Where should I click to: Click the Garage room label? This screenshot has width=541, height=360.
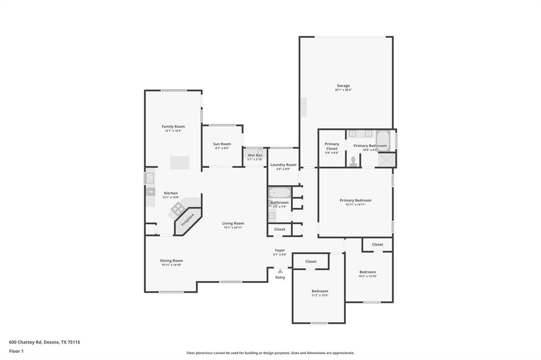click(343, 86)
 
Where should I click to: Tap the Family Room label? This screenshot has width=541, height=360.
click(173, 126)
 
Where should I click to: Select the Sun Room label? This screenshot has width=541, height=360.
click(222, 144)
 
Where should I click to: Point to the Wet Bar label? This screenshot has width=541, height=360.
click(255, 155)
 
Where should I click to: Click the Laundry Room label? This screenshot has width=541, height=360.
click(283, 165)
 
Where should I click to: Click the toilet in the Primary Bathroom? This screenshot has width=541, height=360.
click(353, 160)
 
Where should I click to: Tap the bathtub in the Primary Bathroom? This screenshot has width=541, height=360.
click(383, 140)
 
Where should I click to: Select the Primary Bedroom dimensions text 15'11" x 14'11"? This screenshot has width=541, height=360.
click(355, 205)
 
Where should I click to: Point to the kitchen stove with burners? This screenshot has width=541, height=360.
click(176, 210)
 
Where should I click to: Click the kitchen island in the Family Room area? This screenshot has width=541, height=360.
click(180, 163)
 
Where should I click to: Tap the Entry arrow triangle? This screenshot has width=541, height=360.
click(280, 271)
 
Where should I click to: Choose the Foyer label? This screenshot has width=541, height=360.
click(279, 250)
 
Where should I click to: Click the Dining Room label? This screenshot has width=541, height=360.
click(171, 260)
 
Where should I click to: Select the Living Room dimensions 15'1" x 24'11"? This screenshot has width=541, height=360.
click(232, 228)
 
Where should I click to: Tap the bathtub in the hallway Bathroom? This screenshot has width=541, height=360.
click(279, 193)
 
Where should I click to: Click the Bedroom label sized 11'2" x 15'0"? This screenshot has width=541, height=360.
click(320, 291)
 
